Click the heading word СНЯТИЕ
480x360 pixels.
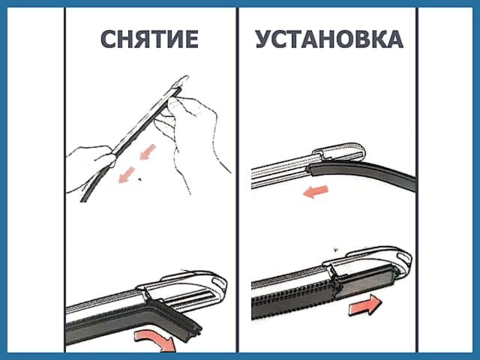click(x=149, y=40)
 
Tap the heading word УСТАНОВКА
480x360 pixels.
click(x=328, y=40)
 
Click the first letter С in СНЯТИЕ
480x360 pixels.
click(x=109, y=40)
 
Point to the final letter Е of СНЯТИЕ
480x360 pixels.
click(x=190, y=40)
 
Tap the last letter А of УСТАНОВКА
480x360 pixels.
click(x=394, y=40)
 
